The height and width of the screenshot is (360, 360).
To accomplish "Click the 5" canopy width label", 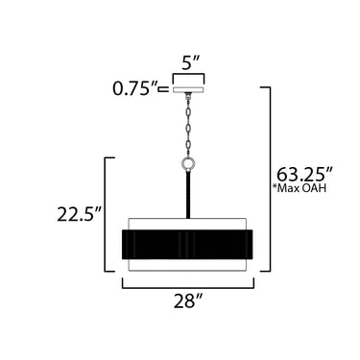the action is tap(191, 63).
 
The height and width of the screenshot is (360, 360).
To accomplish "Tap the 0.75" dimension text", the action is tap(135, 88).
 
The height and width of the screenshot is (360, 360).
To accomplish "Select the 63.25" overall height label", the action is tap(305, 175).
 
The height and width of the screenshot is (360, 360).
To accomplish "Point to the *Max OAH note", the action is tap(300, 188).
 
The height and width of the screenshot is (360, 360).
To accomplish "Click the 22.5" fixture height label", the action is tap(79, 214).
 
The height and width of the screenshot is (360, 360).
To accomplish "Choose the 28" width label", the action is tap(188, 301).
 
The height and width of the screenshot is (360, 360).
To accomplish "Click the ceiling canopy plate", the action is tap(188, 89).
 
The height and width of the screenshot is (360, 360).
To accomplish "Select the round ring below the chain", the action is tap(188, 164).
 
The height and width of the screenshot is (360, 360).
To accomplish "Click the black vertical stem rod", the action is tap(188, 195).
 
